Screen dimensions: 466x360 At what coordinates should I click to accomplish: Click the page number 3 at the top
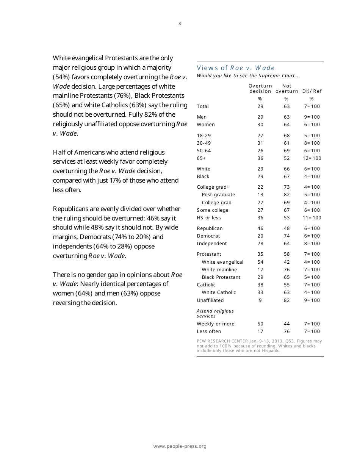coord(180,23)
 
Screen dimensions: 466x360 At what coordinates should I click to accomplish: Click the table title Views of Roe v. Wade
coord(235,68)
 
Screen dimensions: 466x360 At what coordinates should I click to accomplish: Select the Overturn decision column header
coord(260,88)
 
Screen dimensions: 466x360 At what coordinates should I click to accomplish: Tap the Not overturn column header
coord(287,88)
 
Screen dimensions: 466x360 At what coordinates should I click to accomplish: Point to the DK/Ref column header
coord(312,91)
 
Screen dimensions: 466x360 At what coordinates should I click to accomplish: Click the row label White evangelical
coord(222,262)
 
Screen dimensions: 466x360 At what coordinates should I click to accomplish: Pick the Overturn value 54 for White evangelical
coord(260,262)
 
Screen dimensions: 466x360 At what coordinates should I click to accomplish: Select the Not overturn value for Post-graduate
coord(287,194)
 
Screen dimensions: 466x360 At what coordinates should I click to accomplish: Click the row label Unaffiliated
coord(210,300)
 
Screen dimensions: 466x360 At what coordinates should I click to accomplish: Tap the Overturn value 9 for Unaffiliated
coord(260,300)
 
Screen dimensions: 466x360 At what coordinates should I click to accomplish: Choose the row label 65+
coord(201,158)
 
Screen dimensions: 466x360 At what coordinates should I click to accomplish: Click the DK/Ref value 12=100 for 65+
coord(312,158)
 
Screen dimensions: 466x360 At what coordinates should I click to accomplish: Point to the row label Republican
coord(210,228)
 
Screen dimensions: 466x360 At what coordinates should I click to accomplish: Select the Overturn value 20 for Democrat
coord(260,236)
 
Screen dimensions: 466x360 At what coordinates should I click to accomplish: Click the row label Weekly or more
coord(216,324)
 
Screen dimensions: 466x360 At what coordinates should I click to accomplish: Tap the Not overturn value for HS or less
coord(287,217)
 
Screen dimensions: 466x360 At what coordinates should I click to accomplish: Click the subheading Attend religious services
coord(215,313)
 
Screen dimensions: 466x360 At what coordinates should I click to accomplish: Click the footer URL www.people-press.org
coord(180,446)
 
